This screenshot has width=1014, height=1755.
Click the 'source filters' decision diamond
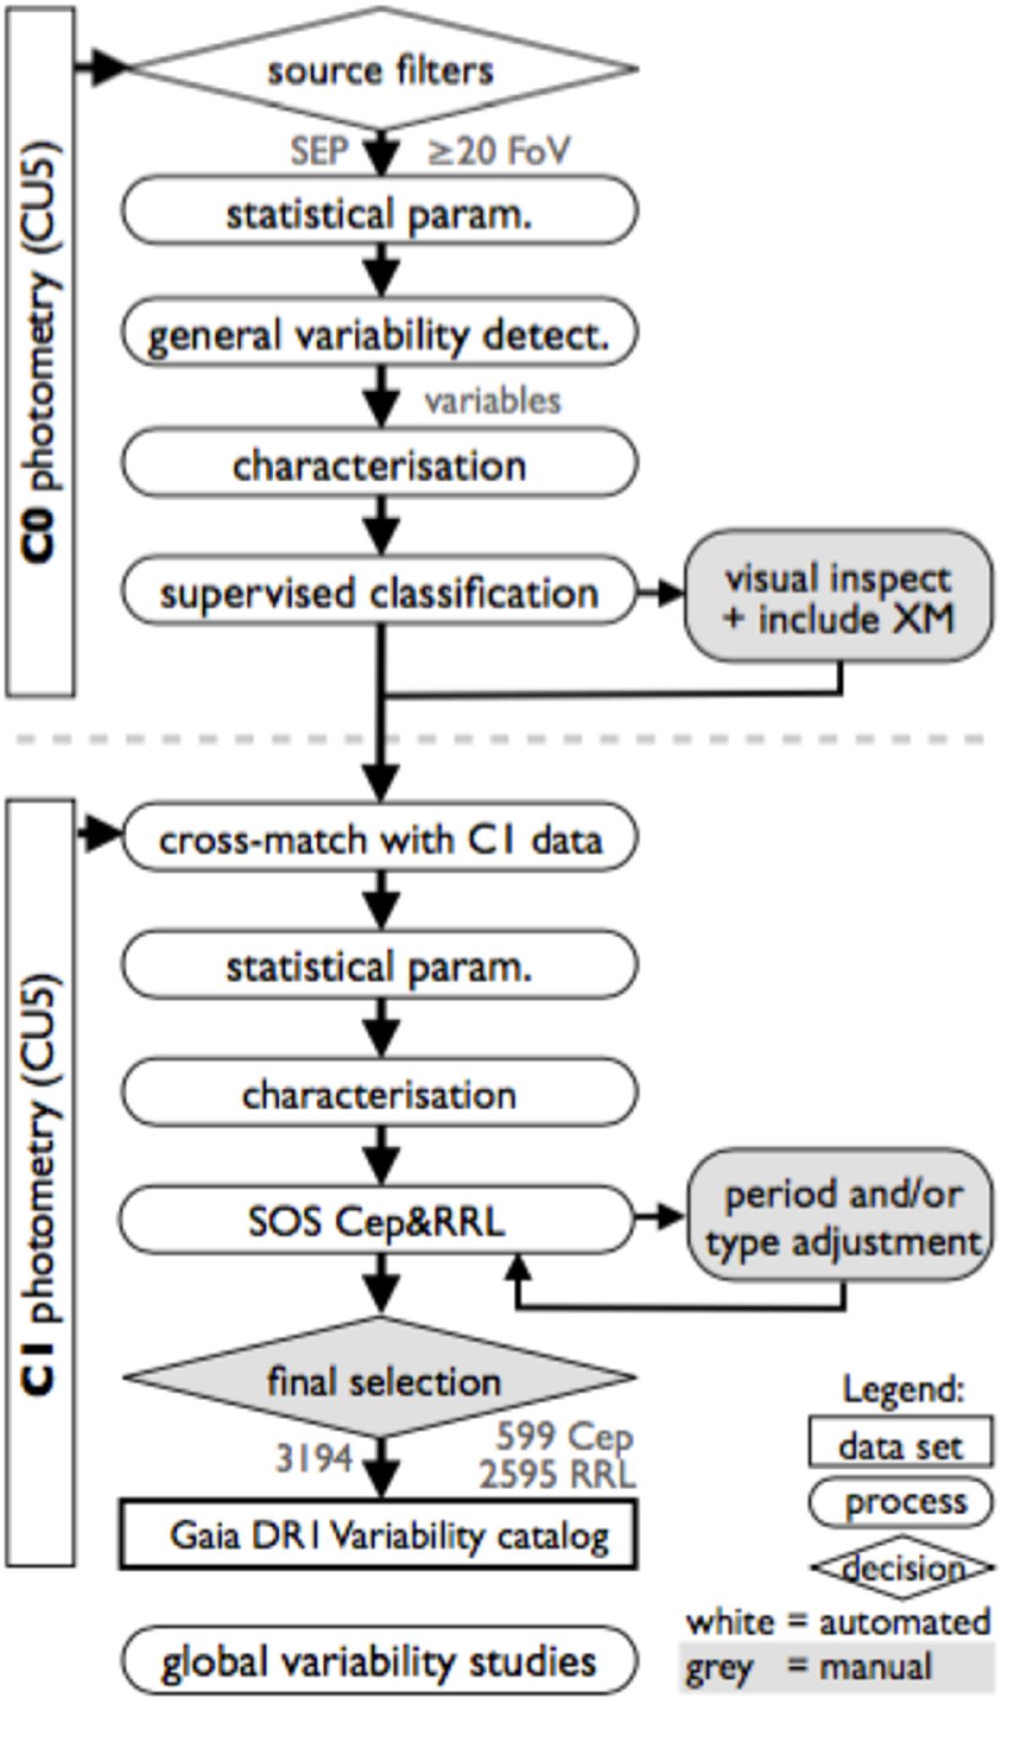click(380, 70)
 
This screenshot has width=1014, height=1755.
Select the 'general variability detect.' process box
click(379, 334)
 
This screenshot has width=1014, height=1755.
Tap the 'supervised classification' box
click(379, 592)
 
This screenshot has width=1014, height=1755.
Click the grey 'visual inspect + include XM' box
click(838, 597)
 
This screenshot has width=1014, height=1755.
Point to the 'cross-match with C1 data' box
click(379, 839)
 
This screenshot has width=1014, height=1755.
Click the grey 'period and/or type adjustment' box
click(842, 1218)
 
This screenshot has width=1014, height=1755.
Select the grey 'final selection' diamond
click(382, 1380)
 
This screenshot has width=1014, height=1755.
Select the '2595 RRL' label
click(558, 1475)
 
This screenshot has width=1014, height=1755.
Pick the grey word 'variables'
click(493, 401)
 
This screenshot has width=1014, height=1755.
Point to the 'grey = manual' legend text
click(810, 1667)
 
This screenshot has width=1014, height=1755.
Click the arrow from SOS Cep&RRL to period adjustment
click(659, 1218)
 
